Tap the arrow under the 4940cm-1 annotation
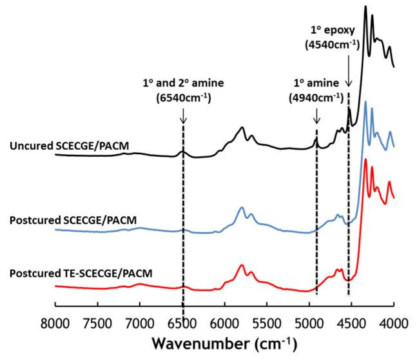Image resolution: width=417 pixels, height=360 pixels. (x=316, y=116)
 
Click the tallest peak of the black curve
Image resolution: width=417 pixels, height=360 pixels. (x=365, y=7)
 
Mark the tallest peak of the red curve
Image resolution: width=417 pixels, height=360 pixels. (x=365, y=159)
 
